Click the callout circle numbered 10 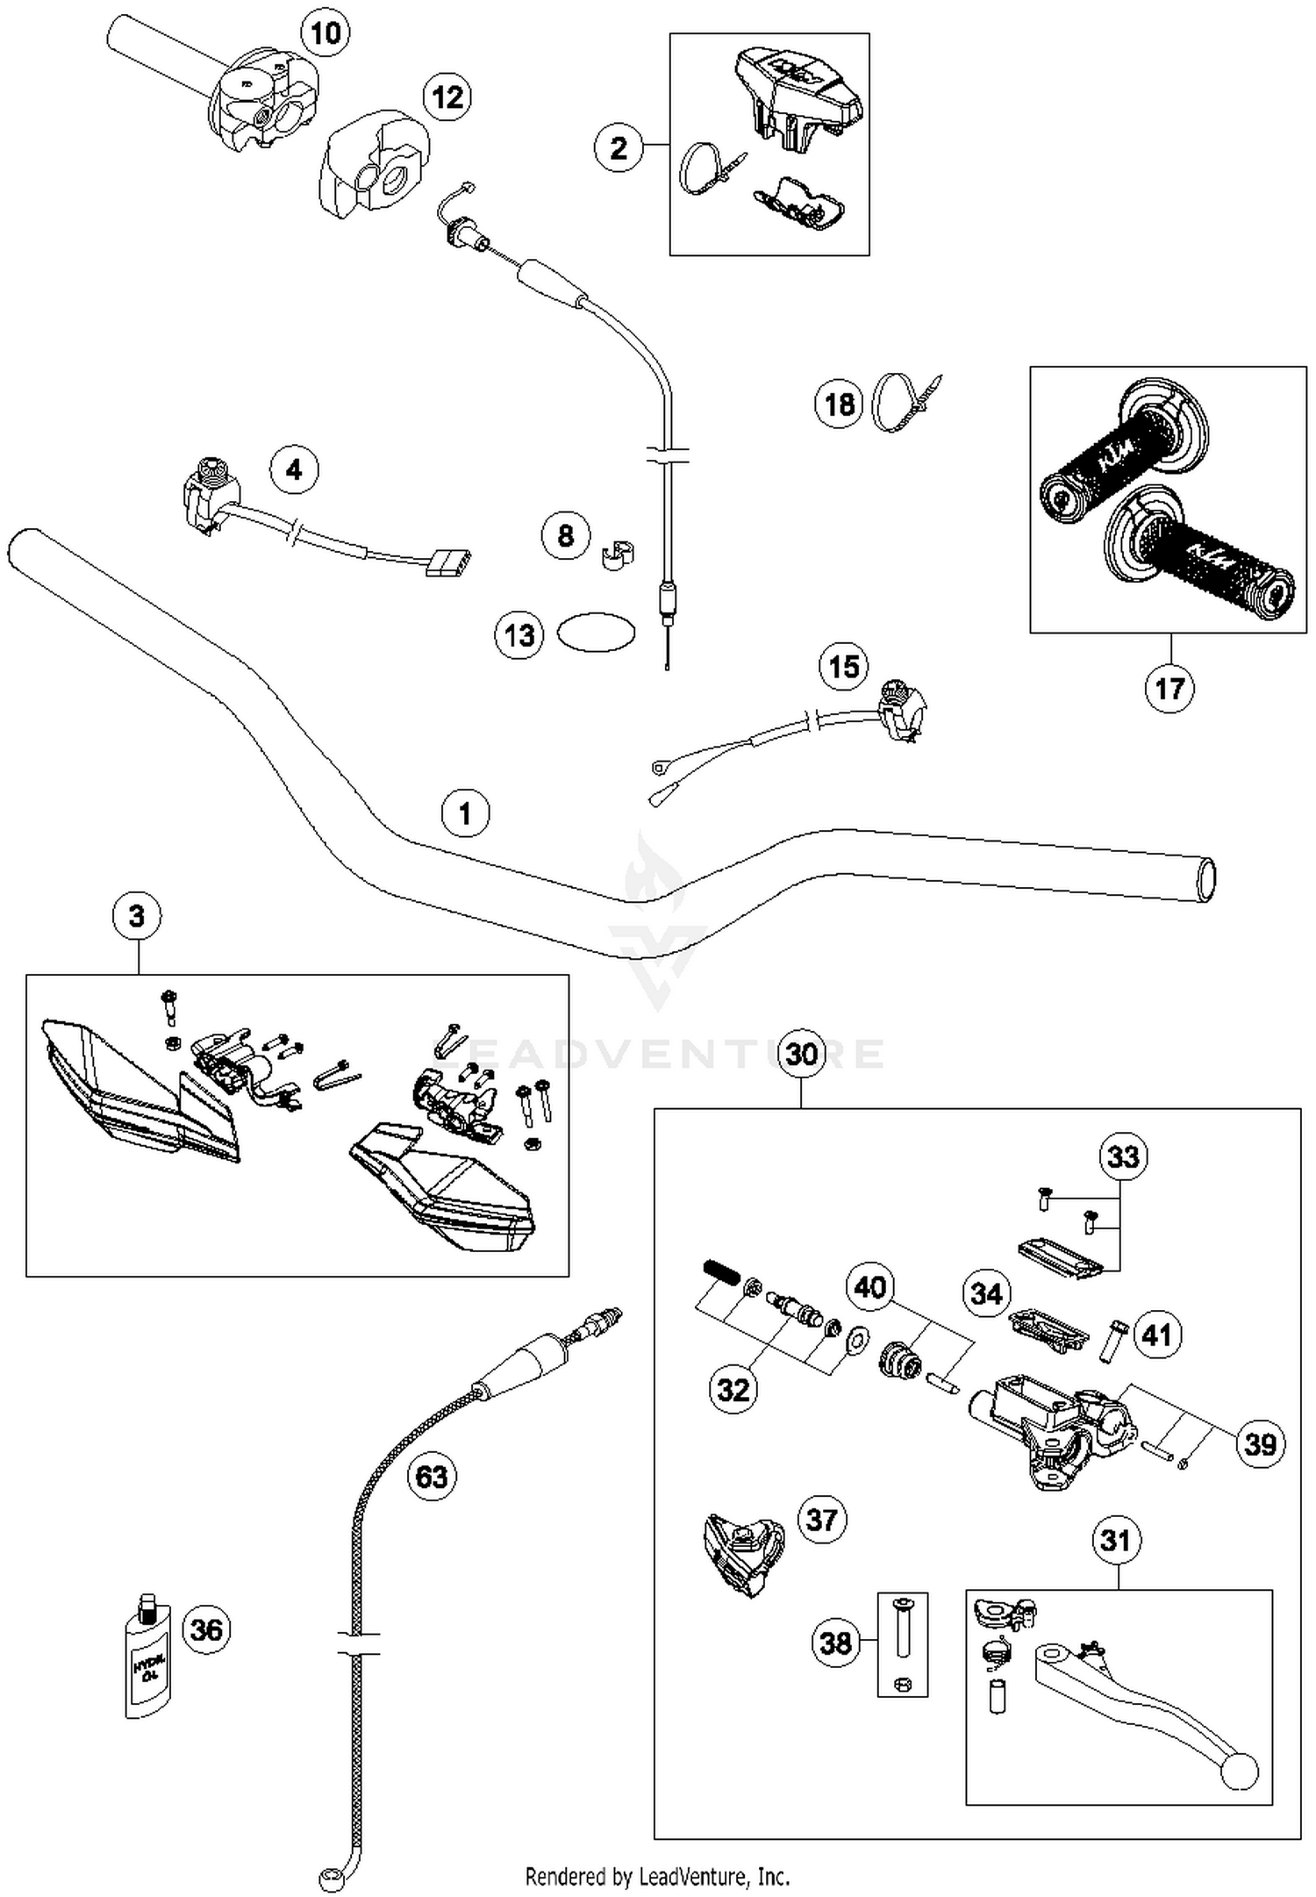click(x=325, y=33)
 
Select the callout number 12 click(x=447, y=97)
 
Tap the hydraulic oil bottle click(x=147, y=1657)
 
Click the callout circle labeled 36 click(x=207, y=1629)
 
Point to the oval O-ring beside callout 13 click(x=597, y=632)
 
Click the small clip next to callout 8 click(x=618, y=555)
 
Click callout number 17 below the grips click(x=1169, y=688)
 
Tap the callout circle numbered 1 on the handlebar click(x=465, y=813)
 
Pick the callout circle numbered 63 click(x=431, y=1477)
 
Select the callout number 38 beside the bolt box click(x=835, y=1642)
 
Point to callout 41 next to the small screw click(x=1157, y=1335)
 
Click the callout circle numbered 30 click(x=802, y=1054)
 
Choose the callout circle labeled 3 click(x=137, y=916)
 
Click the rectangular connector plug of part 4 click(x=447, y=562)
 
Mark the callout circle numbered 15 click(x=844, y=667)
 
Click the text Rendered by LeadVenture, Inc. click(x=657, y=1877)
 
